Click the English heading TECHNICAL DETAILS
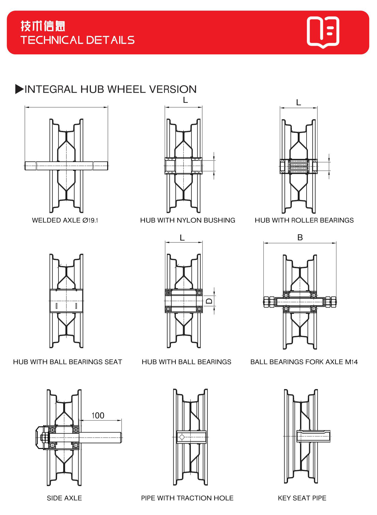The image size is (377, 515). pos(77,40)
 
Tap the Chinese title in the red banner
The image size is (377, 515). pos(43,26)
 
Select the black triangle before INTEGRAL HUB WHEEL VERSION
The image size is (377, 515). pos(19,89)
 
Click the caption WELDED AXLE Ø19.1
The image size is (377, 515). pos(65,220)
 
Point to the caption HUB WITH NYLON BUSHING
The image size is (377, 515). pos(187,220)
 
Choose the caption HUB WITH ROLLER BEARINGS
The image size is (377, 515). pos(304,220)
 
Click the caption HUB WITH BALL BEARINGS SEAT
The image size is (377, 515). pos(68,362)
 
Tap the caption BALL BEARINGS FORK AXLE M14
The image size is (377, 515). pos(304,362)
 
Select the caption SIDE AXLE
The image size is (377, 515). pos(64,498)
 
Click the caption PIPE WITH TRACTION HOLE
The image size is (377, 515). pos(187,498)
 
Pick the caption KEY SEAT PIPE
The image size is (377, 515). pos(302,498)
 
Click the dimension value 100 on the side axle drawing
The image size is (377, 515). pos(98,415)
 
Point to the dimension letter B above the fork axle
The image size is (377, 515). pos(300,237)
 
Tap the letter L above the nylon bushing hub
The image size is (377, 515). pos(185,100)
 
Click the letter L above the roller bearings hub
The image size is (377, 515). pos(298,103)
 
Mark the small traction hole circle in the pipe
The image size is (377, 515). pos(182,437)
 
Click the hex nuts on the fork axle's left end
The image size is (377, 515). pos(269,302)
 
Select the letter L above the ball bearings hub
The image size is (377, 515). pos(182,238)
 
